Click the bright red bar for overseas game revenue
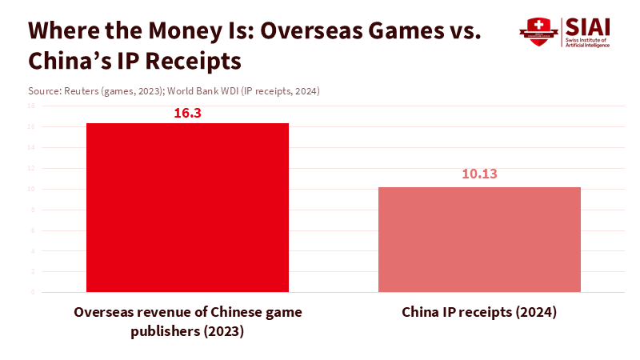(187, 207)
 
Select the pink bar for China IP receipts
(479, 239)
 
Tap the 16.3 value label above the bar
(187, 113)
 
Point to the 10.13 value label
(479, 174)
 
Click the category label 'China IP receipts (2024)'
(479, 312)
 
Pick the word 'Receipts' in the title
(190, 61)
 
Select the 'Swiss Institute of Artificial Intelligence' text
(586, 42)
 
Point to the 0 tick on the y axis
(33, 292)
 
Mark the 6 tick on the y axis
(33, 230)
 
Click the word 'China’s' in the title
(63, 61)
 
